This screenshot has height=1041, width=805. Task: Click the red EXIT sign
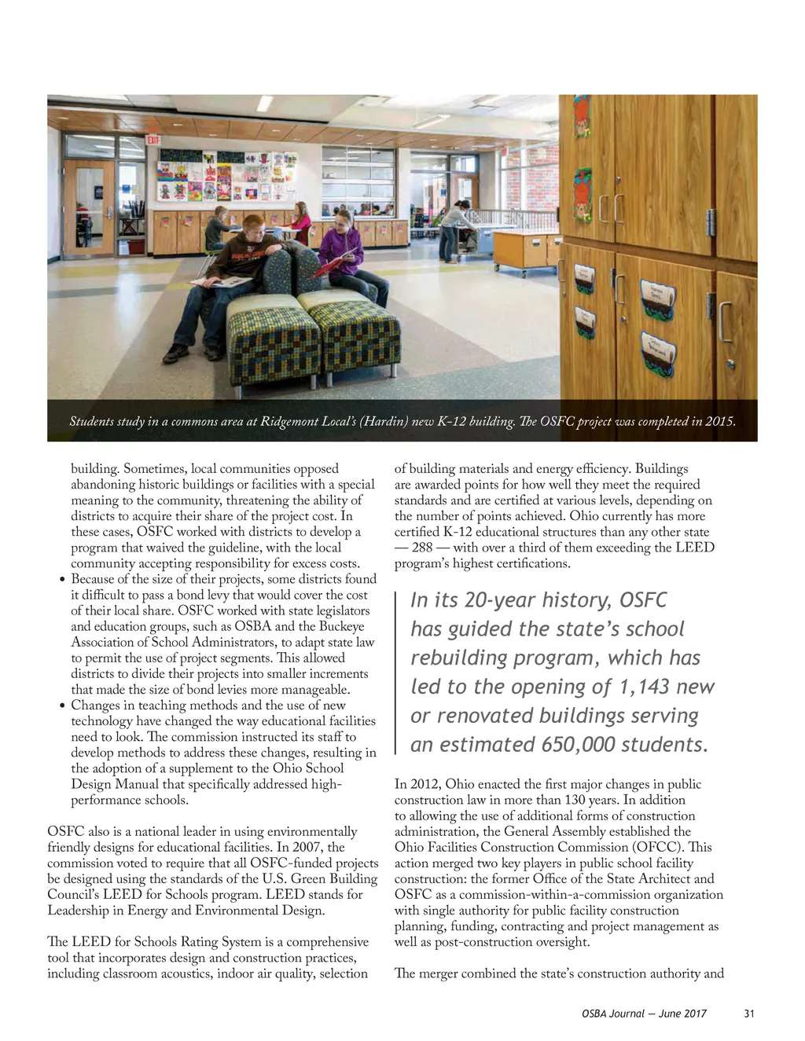point(153,140)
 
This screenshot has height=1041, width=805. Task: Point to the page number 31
point(748,1014)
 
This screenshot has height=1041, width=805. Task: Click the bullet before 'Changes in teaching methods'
point(62,706)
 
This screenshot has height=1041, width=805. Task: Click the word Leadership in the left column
point(79,911)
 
